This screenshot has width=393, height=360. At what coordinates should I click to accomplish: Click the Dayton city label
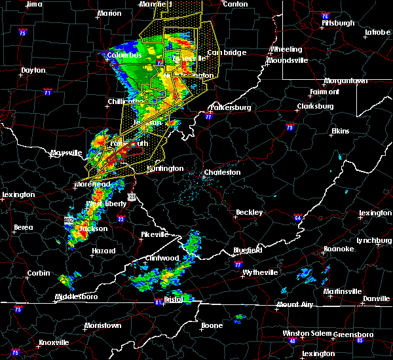[x=33, y=70]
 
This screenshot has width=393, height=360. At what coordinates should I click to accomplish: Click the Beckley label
[x=249, y=212]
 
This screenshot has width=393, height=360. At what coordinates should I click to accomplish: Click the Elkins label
[x=341, y=132]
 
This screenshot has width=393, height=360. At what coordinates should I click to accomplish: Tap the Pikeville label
[x=155, y=234]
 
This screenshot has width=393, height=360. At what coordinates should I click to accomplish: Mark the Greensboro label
[x=353, y=334]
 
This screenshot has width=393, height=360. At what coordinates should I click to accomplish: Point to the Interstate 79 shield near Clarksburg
[x=290, y=128]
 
